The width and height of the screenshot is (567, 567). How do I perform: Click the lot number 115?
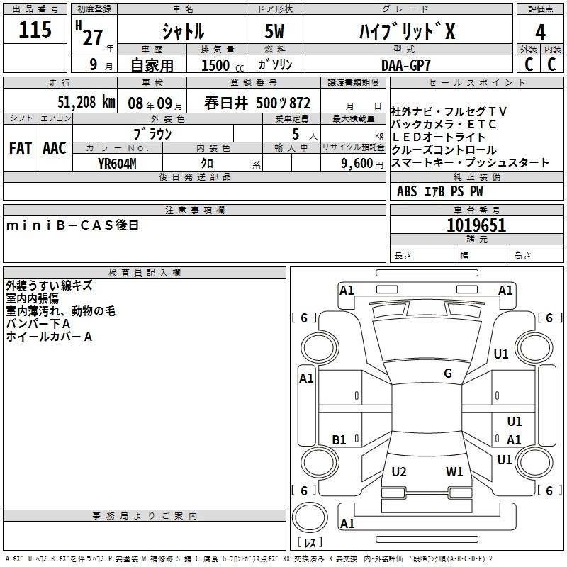click(x=35, y=30)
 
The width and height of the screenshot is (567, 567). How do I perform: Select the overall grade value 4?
click(x=540, y=33)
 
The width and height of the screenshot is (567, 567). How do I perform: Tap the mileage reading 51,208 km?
click(x=86, y=102)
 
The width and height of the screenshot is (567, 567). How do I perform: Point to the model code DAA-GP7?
click(x=406, y=65)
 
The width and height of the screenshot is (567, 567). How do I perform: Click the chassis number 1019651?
click(x=476, y=225)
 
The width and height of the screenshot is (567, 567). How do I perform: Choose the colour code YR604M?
click(x=117, y=164)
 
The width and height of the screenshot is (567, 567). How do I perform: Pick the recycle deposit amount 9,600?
click(x=357, y=164)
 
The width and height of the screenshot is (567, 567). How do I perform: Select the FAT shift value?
click(x=21, y=148)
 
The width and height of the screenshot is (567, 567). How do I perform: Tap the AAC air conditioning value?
click(x=55, y=148)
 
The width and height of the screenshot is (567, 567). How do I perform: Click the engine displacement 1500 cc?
click(x=223, y=65)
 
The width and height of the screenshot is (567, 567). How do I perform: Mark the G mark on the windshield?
click(x=448, y=374)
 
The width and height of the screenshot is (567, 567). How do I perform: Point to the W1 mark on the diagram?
click(x=454, y=472)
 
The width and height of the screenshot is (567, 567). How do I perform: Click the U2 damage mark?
click(x=399, y=472)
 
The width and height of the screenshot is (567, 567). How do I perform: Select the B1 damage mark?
click(x=339, y=440)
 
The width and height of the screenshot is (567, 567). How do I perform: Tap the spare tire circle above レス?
click(x=310, y=517)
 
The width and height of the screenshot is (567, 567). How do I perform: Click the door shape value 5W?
click(x=274, y=31)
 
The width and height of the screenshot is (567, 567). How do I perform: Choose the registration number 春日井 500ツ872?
click(x=257, y=103)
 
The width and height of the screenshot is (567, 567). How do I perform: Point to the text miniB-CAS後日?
click(x=73, y=225)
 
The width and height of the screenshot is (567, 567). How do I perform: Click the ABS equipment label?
click(x=407, y=191)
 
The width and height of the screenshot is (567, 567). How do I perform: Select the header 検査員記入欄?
click(x=145, y=273)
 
